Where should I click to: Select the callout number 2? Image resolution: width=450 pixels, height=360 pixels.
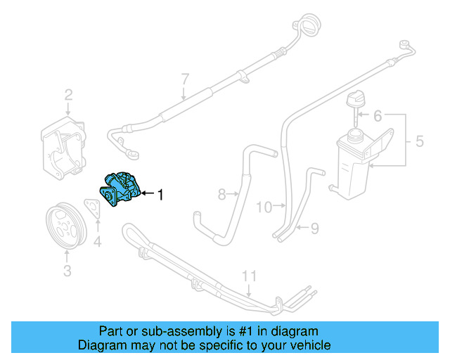[69, 95]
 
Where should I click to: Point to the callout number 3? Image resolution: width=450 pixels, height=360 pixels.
[67, 270]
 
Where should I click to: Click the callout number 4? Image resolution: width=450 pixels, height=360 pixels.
[97, 243]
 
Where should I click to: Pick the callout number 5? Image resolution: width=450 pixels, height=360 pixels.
[419, 141]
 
